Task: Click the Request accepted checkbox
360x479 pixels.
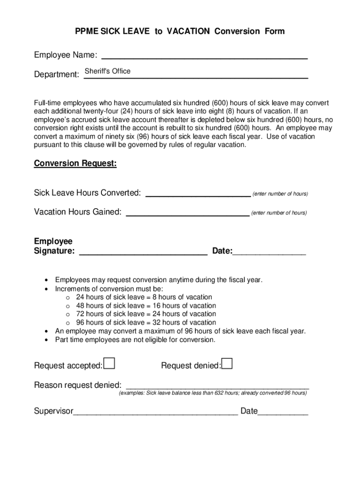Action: pyautogui.click(x=109, y=363)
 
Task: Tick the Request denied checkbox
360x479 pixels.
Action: pyautogui.click(x=227, y=363)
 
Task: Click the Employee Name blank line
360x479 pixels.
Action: pyautogui.click(x=204, y=56)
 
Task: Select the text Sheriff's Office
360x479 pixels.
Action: pyautogui.click(x=108, y=71)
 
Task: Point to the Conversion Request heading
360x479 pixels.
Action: pyautogui.click(x=75, y=164)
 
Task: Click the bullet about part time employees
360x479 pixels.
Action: pyautogui.click(x=135, y=340)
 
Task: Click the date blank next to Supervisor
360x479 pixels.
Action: pyautogui.click(x=283, y=412)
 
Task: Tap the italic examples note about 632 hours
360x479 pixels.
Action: pyautogui.click(x=213, y=393)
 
